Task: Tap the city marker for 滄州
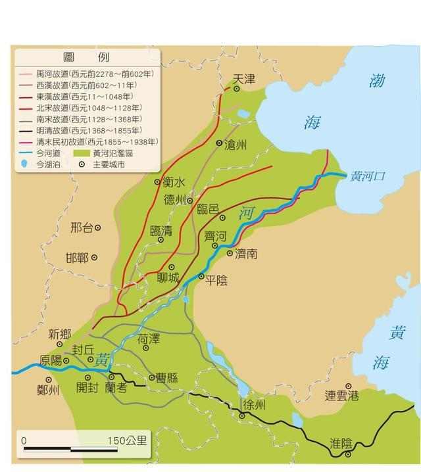(x=219, y=142)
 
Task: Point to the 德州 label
(x=174, y=200)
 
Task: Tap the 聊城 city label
(x=168, y=278)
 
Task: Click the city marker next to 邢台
(x=98, y=227)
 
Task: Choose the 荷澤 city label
(x=149, y=340)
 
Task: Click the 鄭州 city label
(x=48, y=389)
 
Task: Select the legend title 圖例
(x=88, y=57)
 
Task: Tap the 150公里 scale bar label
(x=127, y=440)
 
